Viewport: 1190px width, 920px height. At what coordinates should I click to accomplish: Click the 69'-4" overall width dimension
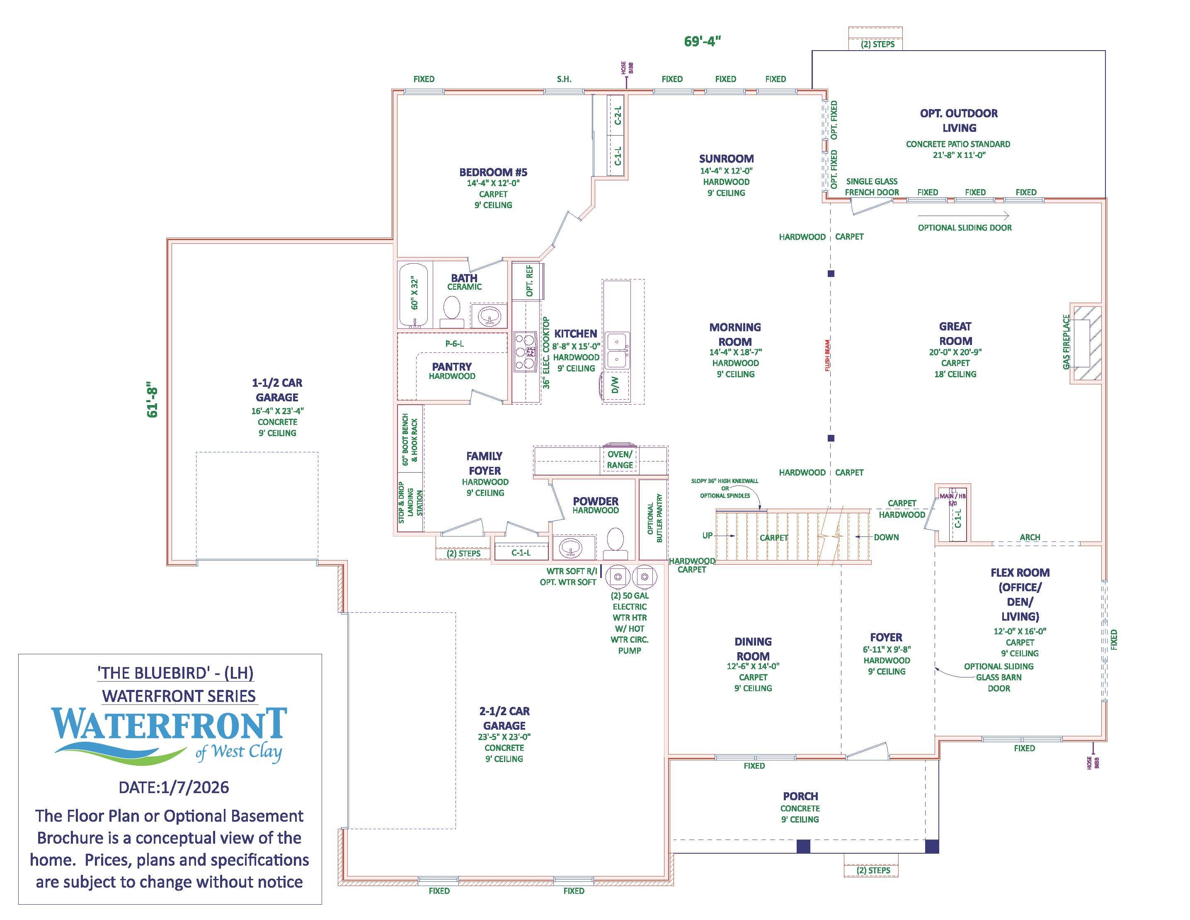(702, 41)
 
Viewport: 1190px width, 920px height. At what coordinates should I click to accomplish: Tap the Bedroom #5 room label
(493, 172)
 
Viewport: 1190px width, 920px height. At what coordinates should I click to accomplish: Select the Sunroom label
(726, 159)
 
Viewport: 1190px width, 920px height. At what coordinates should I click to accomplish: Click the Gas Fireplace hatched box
(1086, 343)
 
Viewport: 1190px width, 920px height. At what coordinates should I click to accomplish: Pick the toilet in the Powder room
(615, 539)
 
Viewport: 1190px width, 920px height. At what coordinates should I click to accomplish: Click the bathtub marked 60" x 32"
(414, 294)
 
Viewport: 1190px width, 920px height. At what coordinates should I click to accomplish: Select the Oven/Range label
(620, 459)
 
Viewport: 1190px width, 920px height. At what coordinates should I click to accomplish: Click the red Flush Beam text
(827, 355)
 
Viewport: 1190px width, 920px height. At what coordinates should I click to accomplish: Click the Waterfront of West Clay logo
(170, 733)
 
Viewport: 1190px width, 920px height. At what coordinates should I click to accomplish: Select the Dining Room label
(753, 648)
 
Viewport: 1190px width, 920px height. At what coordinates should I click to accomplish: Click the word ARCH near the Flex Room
(1030, 537)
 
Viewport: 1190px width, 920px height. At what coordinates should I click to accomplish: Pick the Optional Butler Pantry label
(654, 518)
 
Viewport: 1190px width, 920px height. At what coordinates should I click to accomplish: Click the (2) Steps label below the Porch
(873, 870)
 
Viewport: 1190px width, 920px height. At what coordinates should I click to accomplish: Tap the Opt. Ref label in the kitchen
(529, 281)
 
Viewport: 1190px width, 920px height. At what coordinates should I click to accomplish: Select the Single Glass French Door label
(872, 187)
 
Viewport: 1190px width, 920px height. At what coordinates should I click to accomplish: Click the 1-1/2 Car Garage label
(277, 390)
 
